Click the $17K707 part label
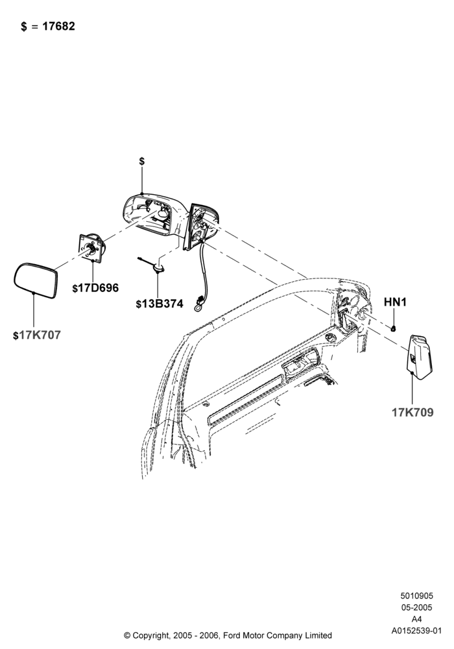click(37, 335)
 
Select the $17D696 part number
click(95, 288)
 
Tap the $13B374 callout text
click(159, 303)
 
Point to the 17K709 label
click(412, 412)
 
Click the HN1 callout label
click(395, 302)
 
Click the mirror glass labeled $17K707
click(35, 280)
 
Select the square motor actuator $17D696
click(92, 247)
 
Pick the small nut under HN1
click(394, 328)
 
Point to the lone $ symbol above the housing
click(142, 161)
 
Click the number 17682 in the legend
click(59, 26)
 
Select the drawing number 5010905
click(417, 596)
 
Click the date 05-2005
click(417, 607)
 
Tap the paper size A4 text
click(417, 619)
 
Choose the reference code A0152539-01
click(417, 631)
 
